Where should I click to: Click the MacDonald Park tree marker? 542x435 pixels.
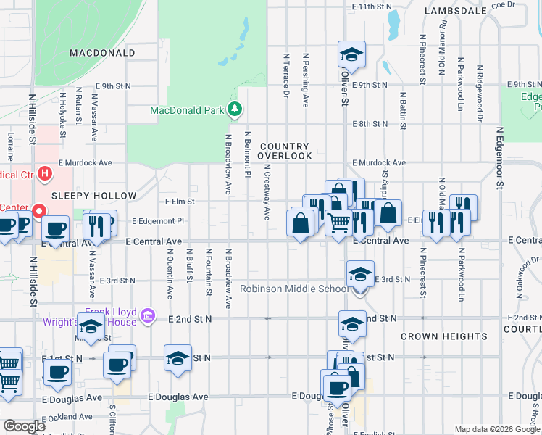[234, 109]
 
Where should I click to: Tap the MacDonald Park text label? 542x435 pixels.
[188, 111]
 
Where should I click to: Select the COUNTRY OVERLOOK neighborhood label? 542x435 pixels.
[285, 151]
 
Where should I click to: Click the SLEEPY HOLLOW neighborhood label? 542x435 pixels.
[93, 196]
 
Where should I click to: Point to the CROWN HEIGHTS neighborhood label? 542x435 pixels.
[443, 336]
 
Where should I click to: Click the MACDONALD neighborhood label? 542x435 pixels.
[102, 53]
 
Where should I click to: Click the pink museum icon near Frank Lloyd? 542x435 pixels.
[148, 315]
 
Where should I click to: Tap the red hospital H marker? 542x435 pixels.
[46, 173]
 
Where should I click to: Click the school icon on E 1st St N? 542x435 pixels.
[178, 358]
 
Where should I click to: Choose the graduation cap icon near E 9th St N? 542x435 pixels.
[351, 54]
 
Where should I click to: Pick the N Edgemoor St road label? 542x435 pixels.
[499, 158]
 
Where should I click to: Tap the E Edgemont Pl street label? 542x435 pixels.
[159, 221]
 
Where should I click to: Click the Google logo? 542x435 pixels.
[24, 426]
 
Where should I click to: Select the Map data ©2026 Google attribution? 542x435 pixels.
[496, 429]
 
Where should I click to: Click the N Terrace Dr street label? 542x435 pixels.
[287, 75]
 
